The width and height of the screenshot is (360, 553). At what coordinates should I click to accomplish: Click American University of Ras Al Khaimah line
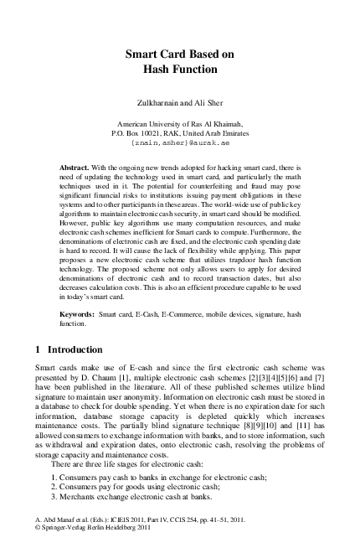click(180, 121)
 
